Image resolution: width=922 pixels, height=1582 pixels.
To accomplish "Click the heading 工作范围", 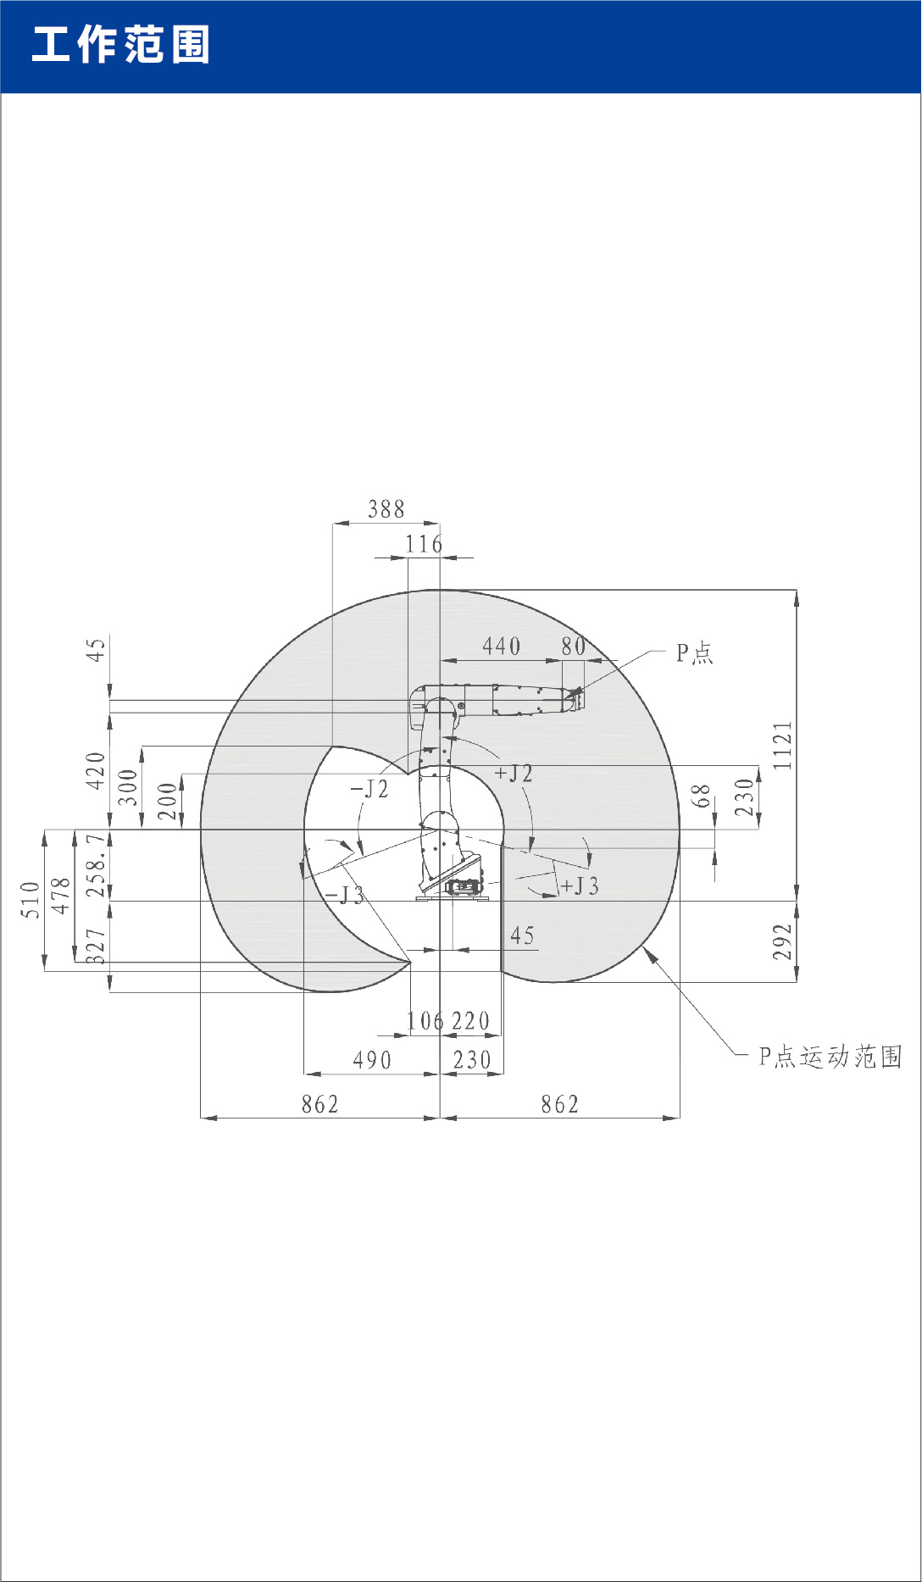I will point(120,44).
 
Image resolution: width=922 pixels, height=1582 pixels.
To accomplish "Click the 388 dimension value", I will point(386,509).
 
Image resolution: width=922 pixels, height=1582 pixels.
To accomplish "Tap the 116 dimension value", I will point(424,544).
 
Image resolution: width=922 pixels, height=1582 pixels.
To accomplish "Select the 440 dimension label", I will point(501,647).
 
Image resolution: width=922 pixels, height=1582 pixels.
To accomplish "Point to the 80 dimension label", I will point(573,647).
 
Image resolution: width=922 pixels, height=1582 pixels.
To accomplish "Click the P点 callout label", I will point(694,653).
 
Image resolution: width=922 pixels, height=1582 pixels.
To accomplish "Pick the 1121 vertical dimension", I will point(783,745).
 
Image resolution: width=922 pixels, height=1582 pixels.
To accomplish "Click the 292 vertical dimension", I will point(783,941).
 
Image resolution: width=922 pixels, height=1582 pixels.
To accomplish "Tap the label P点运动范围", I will point(830,1057).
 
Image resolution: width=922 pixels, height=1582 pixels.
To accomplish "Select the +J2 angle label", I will point(514,773).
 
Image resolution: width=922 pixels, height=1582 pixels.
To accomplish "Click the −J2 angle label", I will point(369,789).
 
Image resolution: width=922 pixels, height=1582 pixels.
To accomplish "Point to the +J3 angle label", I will point(580,886).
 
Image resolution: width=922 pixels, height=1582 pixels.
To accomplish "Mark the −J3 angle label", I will point(344,896).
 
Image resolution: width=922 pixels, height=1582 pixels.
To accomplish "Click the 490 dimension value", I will point(372,1060).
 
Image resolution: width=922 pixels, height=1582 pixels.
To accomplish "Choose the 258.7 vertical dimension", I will point(97,864).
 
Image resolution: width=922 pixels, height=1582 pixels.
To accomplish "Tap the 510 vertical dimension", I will point(31,899).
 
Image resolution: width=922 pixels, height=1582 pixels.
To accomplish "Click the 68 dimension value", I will point(701,796).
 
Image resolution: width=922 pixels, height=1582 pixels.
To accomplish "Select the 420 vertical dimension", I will point(96,770).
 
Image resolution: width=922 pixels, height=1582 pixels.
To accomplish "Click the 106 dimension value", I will point(425,1021).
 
